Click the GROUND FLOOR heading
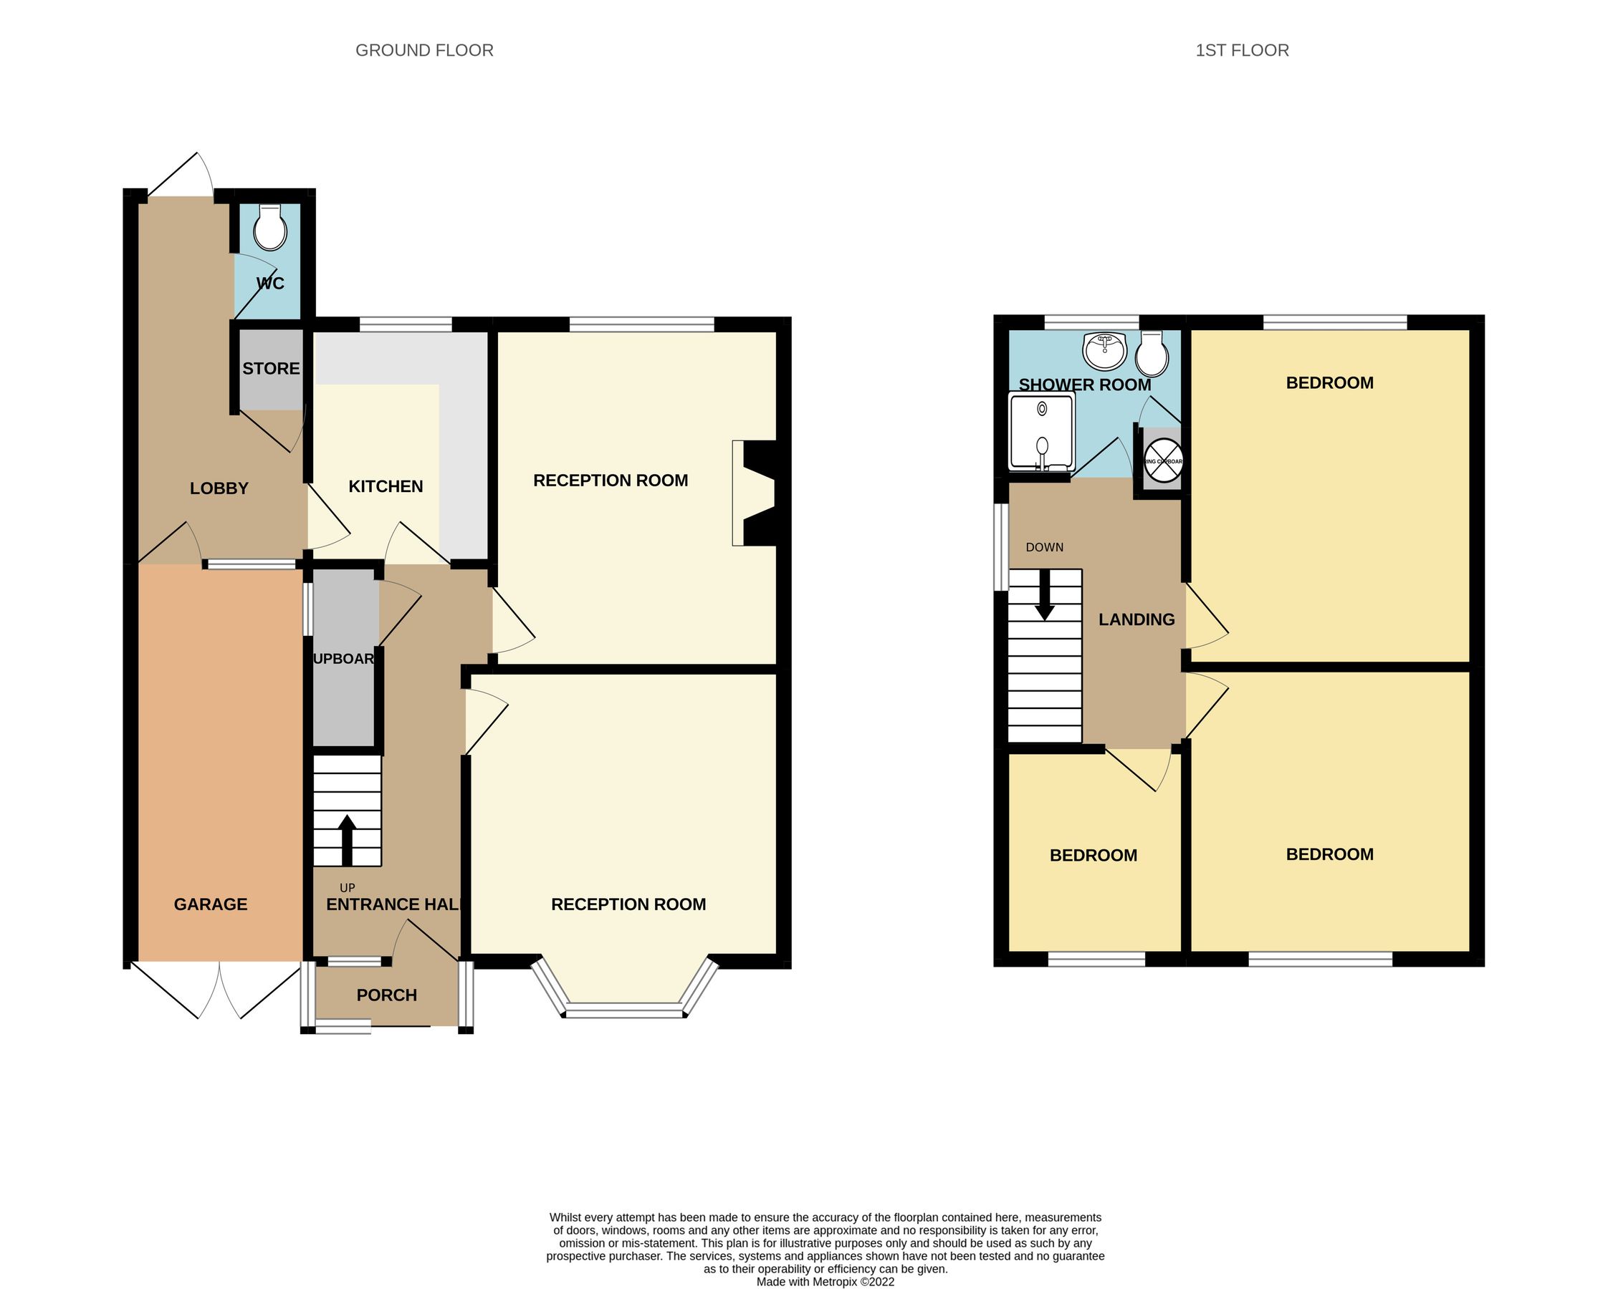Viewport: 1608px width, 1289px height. (x=423, y=50)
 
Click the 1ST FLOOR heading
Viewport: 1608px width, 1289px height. (x=1242, y=50)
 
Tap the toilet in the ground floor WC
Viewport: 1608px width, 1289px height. (x=269, y=229)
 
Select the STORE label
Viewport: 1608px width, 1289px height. (x=271, y=368)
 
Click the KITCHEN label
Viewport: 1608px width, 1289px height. (x=386, y=486)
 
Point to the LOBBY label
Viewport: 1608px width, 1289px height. (x=219, y=488)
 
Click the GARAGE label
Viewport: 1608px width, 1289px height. (x=211, y=904)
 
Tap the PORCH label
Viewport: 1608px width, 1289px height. (x=386, y=995)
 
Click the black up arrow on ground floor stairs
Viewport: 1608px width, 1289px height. (x=347, y=839)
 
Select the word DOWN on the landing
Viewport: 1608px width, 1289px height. (x=1044, y=547)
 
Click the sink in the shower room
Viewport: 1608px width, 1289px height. (x=1104, y=351)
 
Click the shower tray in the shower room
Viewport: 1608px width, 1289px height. (x=1041, y=433)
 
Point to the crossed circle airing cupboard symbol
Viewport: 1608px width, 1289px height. (x=1164, y=460)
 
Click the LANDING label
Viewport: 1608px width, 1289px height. (x=1136, y=619)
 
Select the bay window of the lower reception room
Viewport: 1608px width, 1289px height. (x=625, y=1010)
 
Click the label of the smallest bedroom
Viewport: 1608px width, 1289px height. (x=1093, y=856)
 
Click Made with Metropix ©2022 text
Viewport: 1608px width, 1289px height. (x=825, y=1283)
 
